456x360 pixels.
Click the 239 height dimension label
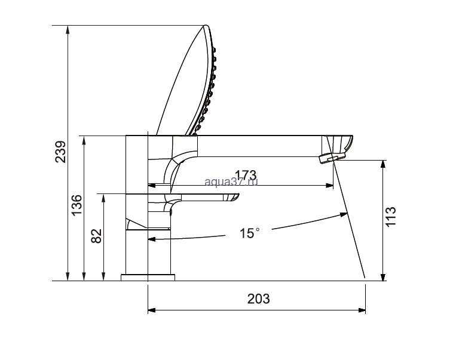(61, 152)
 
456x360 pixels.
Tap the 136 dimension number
(77, 205)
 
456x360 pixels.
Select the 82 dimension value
(97, 236)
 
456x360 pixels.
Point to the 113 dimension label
(390, 217)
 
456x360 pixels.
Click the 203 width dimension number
(259, 299)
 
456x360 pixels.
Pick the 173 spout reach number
(246, 175)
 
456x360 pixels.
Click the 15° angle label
(250, 233)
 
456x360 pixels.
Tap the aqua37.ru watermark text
(231, 182)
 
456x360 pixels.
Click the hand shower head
(189, 81)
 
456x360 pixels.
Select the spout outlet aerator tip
(332, 158)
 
